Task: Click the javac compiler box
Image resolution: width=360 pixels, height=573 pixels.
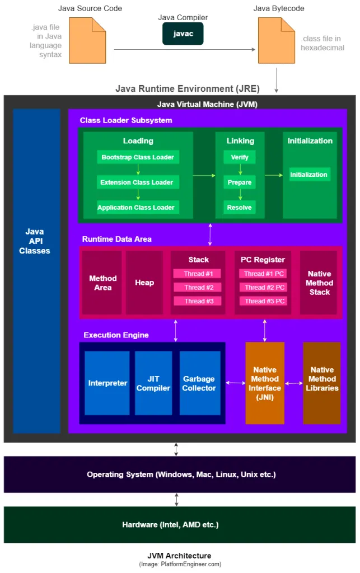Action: (183, 34)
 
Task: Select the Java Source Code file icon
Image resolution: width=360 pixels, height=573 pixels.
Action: (87, 40)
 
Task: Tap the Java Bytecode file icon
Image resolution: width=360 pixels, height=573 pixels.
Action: (276, 40)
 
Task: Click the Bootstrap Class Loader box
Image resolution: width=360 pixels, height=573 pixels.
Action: (138, 157)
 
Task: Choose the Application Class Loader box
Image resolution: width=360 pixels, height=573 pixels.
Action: (136, 208)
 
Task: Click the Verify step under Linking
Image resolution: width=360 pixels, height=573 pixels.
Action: (240, 157)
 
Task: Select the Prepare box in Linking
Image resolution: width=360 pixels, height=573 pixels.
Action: (240, 182)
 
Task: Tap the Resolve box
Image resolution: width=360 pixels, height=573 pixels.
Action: (240, 208)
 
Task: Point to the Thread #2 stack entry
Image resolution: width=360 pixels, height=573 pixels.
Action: (197, 287)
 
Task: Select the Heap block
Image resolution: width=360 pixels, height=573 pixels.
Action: (144, 283)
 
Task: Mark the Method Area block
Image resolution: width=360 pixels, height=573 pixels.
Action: (102, 283)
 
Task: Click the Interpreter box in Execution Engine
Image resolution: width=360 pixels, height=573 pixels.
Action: (107, 383)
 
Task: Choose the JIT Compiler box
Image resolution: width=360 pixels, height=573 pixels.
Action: (153, 383)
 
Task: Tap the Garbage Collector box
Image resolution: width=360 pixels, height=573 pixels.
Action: (199, 383)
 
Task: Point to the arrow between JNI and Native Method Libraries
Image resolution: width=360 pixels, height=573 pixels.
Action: (294, 383)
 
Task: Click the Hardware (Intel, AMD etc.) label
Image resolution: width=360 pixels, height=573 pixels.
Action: (170, 525)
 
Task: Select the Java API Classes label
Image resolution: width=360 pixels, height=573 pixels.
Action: (35, 241)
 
